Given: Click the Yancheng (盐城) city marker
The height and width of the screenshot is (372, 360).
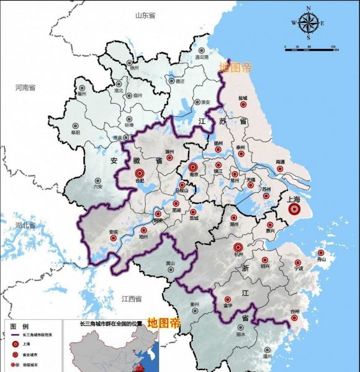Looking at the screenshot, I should (x=242, y=105).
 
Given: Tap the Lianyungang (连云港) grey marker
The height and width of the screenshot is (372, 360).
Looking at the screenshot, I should (x=200, y=50).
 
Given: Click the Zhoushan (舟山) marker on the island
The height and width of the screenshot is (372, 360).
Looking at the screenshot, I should (x=321, y=253).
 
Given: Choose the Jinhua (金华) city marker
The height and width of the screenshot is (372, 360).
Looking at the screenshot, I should (x=228, y=298).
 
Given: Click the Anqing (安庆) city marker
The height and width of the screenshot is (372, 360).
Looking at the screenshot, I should (x=114, y=239).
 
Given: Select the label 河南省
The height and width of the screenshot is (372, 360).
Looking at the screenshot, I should (x=26, y=88).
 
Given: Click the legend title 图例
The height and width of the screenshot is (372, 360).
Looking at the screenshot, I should (x=19, y=325).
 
